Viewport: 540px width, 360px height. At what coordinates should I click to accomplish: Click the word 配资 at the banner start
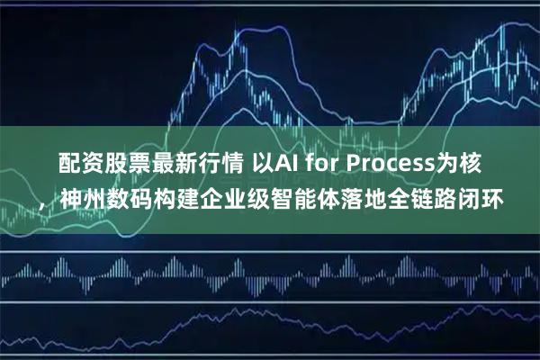point(78,164)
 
